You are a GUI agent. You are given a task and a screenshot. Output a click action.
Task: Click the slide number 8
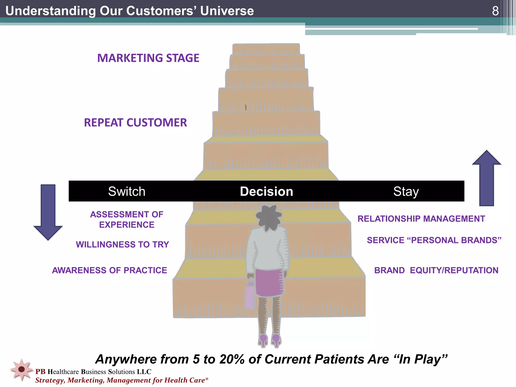pos(495,11)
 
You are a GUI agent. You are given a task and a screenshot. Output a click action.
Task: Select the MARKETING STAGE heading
pos(148,58)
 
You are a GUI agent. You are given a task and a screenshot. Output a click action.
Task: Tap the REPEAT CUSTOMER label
pos(135,123)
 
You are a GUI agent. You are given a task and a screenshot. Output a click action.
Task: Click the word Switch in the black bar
pos(127,191)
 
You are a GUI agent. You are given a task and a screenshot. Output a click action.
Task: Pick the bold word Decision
pos(266,191)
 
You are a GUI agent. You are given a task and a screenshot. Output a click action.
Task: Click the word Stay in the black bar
pos(406,191)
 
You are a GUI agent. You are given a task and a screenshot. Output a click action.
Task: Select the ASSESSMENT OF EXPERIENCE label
pos(127,219)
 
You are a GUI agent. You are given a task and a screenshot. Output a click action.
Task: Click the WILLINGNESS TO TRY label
pos(122,244)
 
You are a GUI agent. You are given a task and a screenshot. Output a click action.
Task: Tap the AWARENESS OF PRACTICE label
pos(109,270)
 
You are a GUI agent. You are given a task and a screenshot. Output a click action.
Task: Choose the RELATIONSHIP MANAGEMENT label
pos(421,219)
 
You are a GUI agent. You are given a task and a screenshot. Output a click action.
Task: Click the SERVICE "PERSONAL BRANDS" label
pos(434,240)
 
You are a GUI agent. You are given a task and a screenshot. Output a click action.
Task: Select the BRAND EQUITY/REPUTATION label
pos(436,270)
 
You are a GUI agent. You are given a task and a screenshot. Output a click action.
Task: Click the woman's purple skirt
pos(268,282)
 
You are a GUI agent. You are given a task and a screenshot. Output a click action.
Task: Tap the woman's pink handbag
pos(250,296)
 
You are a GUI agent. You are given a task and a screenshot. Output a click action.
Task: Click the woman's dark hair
pos(268,217)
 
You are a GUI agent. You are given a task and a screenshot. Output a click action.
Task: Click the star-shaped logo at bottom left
pos(22,369)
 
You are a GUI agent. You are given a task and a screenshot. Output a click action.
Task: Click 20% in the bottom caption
pos(232,359)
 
